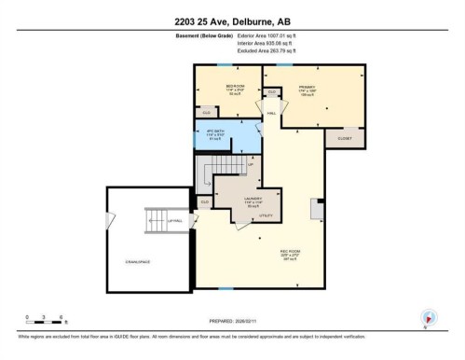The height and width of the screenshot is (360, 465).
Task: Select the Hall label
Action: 271,112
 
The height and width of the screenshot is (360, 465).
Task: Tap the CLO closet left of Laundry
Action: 205,201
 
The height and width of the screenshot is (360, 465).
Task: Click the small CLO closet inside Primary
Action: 272,91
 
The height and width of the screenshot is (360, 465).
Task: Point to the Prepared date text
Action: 232,320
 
